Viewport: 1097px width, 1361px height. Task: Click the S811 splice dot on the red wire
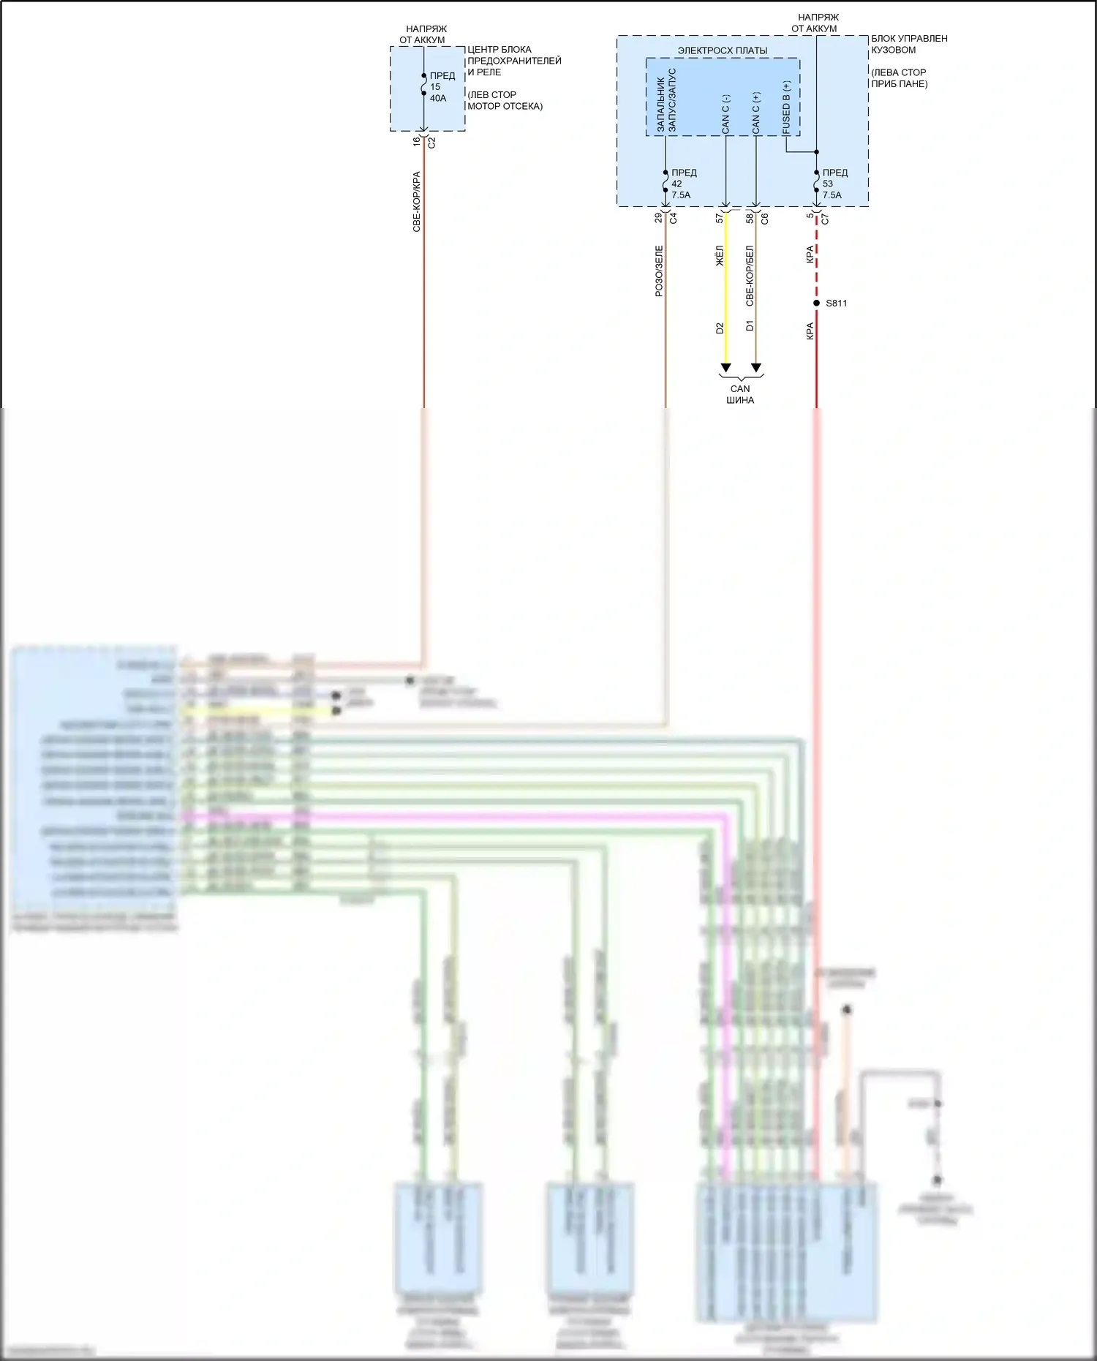[x=816, y=303]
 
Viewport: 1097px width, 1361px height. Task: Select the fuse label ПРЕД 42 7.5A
[x=683, y=184]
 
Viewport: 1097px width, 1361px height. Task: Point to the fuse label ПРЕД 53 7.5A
[x=834, y=184]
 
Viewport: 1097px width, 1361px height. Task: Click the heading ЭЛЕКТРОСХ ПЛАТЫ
[x=723, y=50]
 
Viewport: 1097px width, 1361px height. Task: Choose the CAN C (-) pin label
[x=725, y=113]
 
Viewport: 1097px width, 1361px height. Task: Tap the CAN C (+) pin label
[x=755, y=113]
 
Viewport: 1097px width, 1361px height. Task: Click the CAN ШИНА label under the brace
[x=740, y=394]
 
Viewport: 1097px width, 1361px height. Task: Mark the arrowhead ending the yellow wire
[x=725, y=367]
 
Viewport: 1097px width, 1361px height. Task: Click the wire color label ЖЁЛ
[x=720, y=256]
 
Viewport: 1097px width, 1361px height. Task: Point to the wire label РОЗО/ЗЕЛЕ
[x=659, y=271]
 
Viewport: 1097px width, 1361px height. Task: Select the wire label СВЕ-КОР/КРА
[x=417, y=202]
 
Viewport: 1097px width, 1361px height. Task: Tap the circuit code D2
[x=720, y=328]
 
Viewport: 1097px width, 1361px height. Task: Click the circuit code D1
[x=750, y=325]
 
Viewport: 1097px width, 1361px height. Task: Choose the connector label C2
[x=431, y=143]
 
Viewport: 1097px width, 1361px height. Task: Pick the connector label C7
[x=825, y=218]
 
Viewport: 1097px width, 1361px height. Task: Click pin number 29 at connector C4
[x=658, y=218]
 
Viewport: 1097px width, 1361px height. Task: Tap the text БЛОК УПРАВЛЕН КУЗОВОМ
[x=909, y=44]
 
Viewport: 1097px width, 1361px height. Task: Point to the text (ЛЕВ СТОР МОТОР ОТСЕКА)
[x=505, y=100]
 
